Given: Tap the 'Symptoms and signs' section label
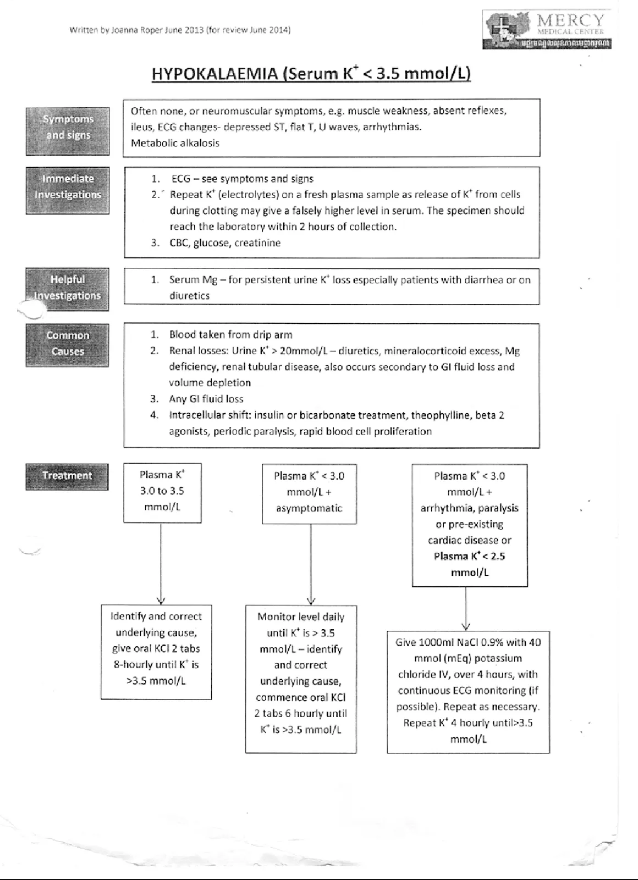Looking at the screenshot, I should tap(68, 128).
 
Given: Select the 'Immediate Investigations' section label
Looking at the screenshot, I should tap(68, 187).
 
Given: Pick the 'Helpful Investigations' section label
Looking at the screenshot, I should tap(68, 288).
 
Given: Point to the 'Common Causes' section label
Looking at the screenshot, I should tap(68, 344).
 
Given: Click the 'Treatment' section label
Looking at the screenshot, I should tap(67, 476).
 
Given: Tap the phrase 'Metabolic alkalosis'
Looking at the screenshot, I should tap(175, 143).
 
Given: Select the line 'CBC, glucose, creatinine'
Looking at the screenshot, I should tap(224, 243).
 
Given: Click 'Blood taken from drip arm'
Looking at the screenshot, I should tap(230, 335).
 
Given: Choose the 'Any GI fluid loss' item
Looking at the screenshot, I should tap(206, 399).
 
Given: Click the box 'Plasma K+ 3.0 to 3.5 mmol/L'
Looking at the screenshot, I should tap(162, 491).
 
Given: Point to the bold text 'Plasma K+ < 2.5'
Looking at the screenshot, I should tap(469, 556).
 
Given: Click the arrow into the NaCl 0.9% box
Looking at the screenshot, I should tap(466, 608).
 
